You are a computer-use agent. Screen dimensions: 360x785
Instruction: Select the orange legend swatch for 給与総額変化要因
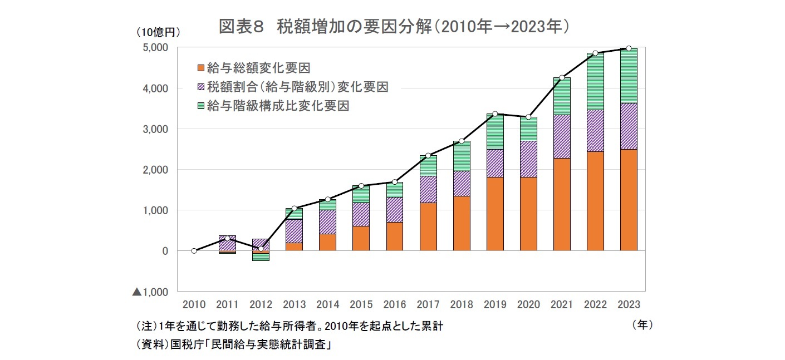201,68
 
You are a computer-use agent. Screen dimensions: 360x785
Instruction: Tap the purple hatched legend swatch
201,87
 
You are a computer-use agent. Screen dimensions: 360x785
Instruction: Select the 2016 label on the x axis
394,304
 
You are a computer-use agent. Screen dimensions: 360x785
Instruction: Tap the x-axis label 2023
628,304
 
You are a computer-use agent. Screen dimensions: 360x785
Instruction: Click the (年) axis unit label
642,324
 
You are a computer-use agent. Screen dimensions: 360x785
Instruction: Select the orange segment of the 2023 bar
628,200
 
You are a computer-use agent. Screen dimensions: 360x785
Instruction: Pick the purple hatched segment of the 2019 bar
494,163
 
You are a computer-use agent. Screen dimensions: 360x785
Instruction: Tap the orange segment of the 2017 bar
428,227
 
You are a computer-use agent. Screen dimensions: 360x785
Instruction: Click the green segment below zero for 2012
261,257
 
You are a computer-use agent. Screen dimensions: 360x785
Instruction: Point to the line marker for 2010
194,251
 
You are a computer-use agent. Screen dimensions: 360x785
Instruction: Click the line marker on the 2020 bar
528,117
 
